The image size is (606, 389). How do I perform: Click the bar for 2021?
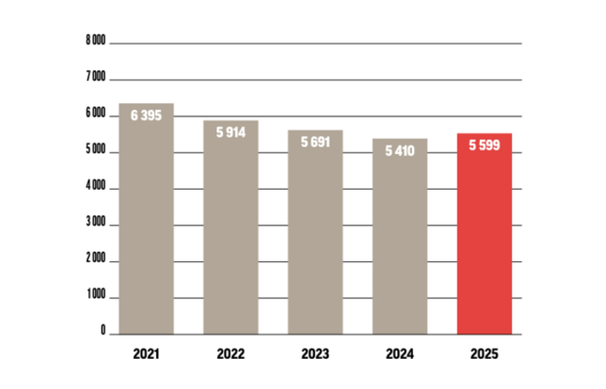tap(146, 226)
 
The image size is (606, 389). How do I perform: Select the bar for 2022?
tap(231, 235)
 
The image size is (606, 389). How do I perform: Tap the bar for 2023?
tap(315, 240)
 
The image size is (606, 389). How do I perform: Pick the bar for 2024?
tap(400, 244)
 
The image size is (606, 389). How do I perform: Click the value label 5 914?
tap(231, 133)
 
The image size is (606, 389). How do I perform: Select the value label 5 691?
tap(315, 142)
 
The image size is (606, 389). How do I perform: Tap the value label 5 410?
tap(400, 151)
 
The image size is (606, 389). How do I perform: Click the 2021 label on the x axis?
tap(146, 355)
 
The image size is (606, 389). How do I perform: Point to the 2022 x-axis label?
tap(231, 355)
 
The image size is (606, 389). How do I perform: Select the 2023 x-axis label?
tap(315, 355)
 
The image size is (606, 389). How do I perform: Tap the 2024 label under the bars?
tap(400, 355)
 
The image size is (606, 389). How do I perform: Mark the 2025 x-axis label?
tap(485, 355)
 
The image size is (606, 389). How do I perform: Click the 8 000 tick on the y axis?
tap(94, 41)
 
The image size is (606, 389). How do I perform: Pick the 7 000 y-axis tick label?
tap(94, 78)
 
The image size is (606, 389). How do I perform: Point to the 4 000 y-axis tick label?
tap(94, 188)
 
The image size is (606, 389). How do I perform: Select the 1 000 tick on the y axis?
tap(94, 298)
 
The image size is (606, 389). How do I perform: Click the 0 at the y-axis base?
tap(102, 333)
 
